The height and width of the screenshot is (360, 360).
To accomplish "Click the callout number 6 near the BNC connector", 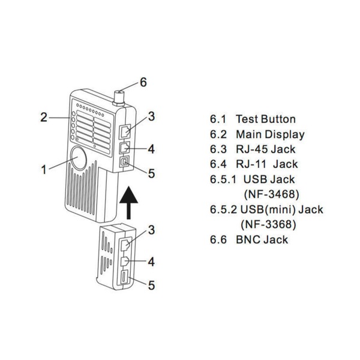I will [142, 83].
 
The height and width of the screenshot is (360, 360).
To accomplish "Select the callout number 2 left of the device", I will [44, 117].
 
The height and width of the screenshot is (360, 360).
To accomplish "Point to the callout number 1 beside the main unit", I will [43, 170].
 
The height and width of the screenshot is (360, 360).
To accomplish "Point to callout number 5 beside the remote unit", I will [151, 286].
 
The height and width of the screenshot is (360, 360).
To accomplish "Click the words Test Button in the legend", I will [265, 119].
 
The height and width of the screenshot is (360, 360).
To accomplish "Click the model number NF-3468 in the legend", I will [272, 194].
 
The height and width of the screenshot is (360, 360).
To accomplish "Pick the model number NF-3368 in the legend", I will [271, 224].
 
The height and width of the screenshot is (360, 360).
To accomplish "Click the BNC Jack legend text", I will [262, 239].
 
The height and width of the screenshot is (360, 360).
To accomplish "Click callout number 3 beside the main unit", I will [152, 116].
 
